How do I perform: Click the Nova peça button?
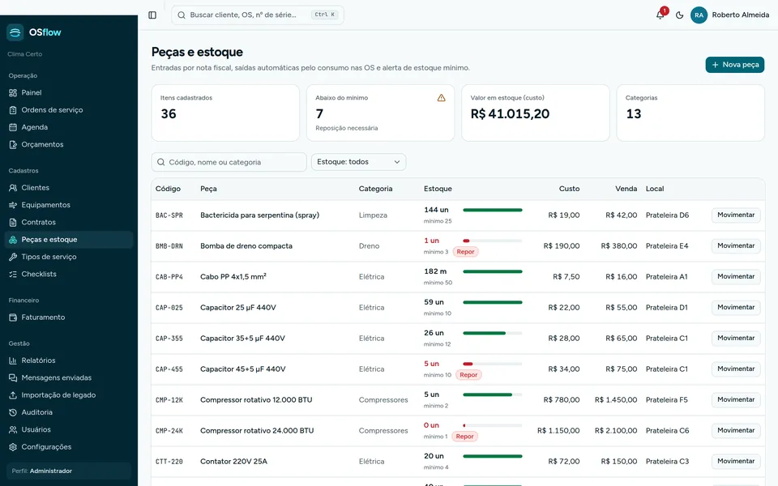734,65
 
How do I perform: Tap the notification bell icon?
660,15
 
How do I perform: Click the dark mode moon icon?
679,15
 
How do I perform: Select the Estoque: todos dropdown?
358,162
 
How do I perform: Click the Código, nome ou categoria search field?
229,162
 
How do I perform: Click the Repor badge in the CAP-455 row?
468,375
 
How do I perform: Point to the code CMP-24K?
169,430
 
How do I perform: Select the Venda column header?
626,189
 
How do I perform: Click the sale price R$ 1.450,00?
616,399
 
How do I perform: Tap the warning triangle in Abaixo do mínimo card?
441,98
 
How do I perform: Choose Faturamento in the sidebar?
43,318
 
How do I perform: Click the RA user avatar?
699,15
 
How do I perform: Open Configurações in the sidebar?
46,447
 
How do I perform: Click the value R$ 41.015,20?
510,113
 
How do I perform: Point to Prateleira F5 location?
667,399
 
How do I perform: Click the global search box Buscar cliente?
258,15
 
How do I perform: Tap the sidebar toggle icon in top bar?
152,15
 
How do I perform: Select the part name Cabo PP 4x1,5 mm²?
233,276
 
